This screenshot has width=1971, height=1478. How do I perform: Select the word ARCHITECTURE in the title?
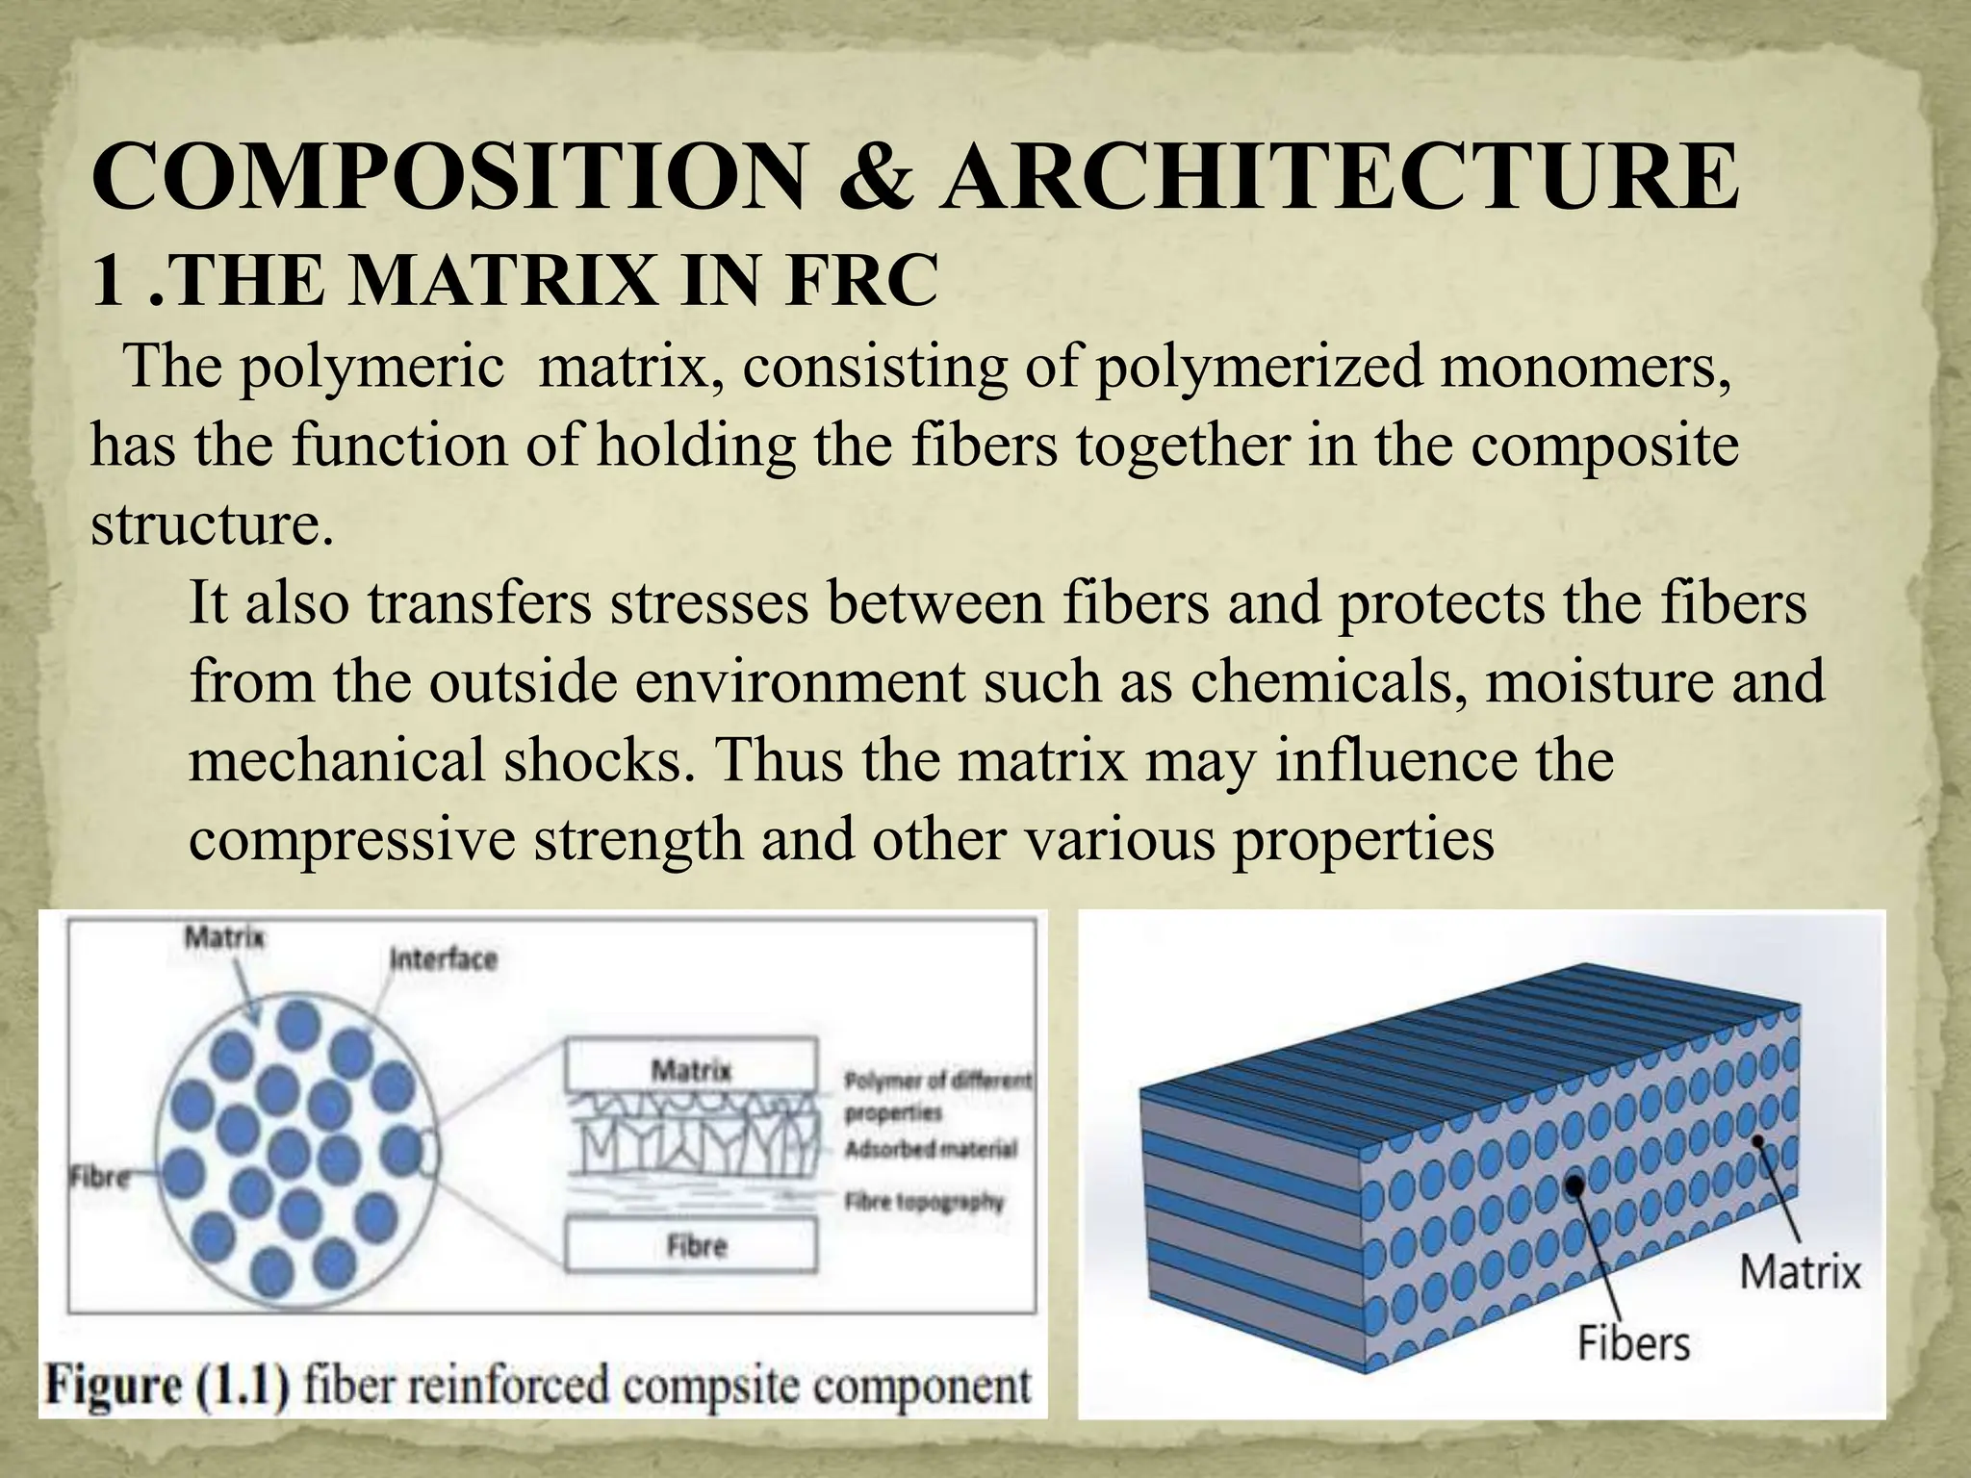(x=1340, y=178)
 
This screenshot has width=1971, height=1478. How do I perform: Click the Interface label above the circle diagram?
(x=444, y=959)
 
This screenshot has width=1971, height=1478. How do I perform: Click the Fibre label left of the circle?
(x=99, y=1178)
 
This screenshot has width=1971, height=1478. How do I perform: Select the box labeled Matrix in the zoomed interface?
(x=691, y=1069)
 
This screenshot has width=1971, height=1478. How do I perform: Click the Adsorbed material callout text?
(x=931, y=1150)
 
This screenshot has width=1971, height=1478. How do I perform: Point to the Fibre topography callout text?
(x=924, y=1202)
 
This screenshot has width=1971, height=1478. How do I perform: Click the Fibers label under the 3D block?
(x=1633, y=1343)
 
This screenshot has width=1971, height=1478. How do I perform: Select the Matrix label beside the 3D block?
(x=1800, y=1272)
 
